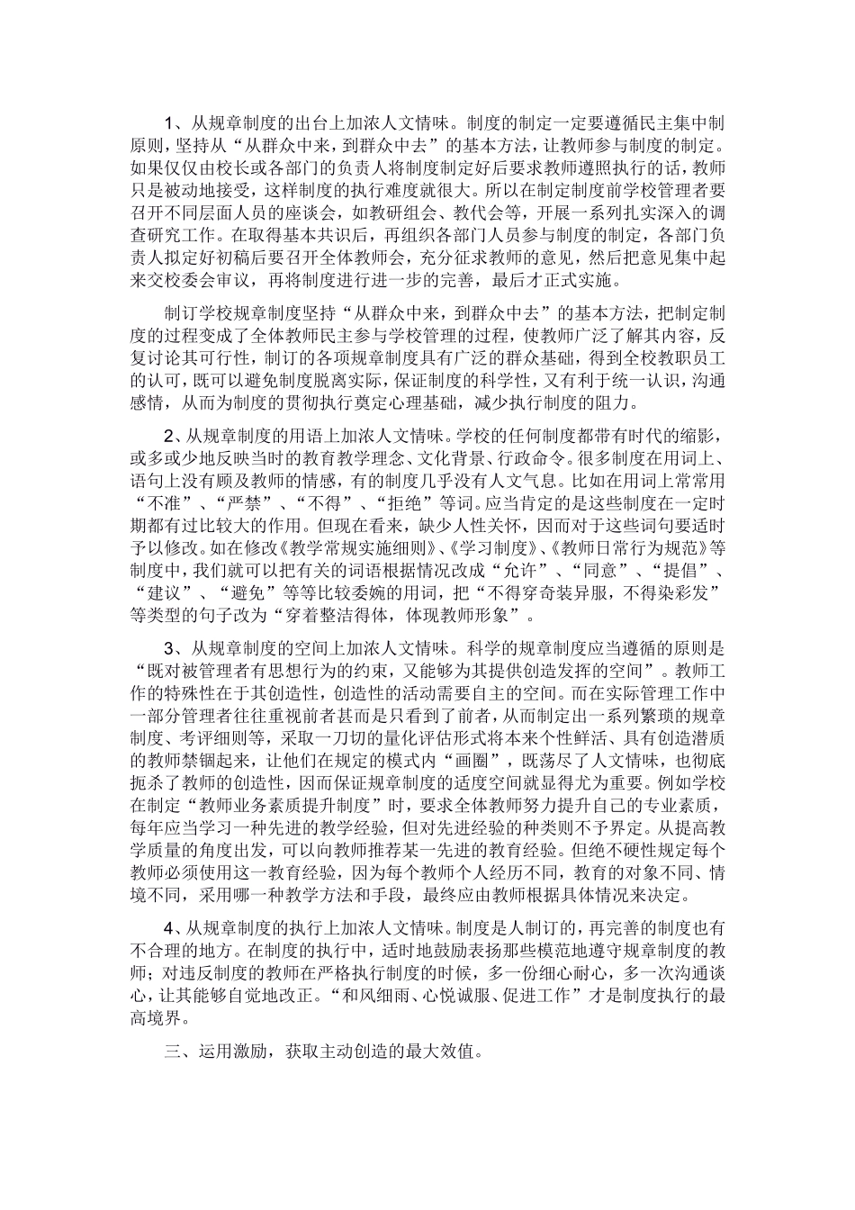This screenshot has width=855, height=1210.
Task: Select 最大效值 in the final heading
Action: [446, 1051]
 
